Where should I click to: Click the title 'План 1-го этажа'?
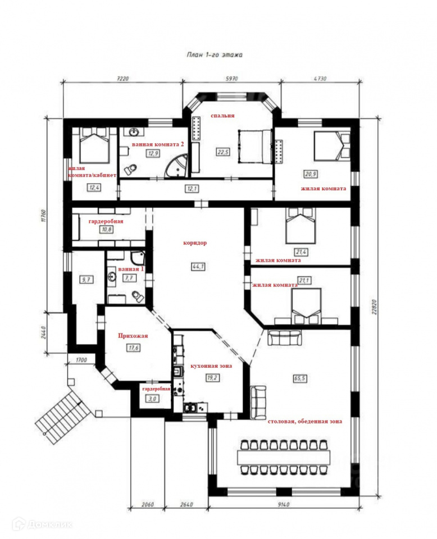(x=215, y=54)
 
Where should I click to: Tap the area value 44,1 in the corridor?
(x=198, y=266)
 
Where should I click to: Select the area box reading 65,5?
(x=300, y=378)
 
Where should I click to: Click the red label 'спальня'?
(x=222, y=116)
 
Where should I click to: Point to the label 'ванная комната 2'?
(x=158, y=144)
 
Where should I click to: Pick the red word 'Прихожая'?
(x=133, y=336)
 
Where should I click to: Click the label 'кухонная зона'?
(x=211, y=366)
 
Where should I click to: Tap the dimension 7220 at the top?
(x=122, y=79)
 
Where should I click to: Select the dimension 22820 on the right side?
(x=375, y=307)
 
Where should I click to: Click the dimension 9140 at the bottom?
(x=283, y=505)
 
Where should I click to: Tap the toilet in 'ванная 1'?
(x=138, y=296)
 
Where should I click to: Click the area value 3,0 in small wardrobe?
(x=152, y=399)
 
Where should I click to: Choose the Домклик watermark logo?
(x=42, y=524)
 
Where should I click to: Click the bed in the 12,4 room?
(x=94, y=145)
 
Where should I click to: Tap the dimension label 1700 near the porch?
(x=81, y=360)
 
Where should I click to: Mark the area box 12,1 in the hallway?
(x=192, y=189)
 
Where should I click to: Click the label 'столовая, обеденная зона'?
(x=305, y=422)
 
